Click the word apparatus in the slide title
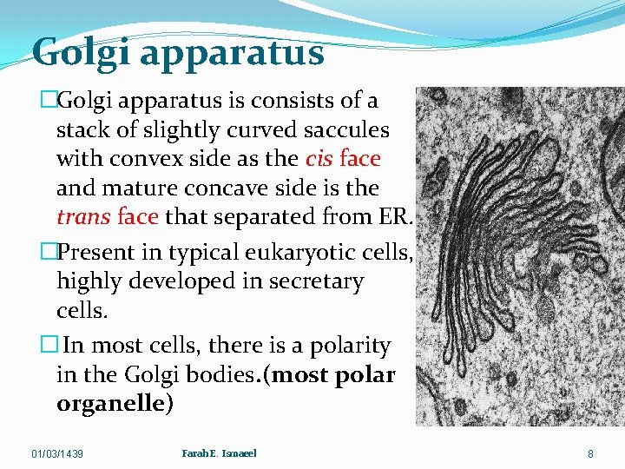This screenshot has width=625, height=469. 231,54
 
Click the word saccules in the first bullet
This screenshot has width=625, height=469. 345,130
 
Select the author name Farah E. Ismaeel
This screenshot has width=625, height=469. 219,453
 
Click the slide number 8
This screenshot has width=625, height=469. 590,453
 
